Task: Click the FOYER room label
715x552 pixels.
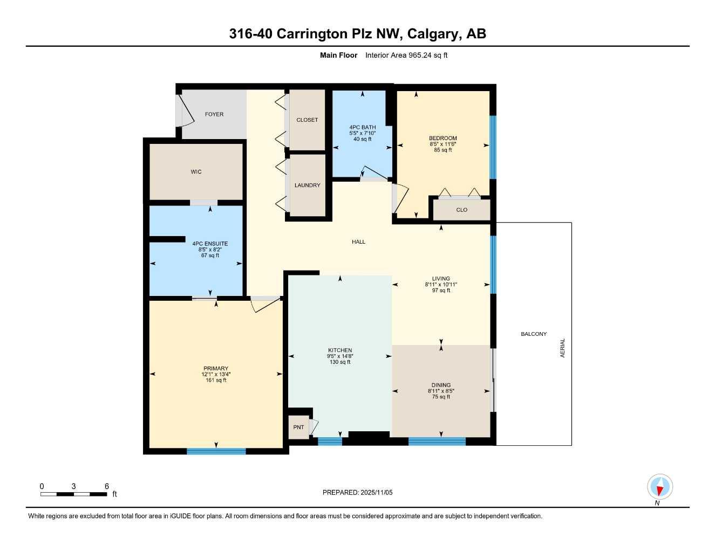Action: pos(214,114)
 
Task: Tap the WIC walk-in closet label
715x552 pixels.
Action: pos(196,172)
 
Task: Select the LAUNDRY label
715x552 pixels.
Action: pos(308,185)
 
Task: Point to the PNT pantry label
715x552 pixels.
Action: pos(298,427)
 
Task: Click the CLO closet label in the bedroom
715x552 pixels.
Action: pos(462,210)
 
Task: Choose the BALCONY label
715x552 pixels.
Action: pos(534,334)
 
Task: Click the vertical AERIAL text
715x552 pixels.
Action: pos(563,348)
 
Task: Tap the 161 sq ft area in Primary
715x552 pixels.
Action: pos(216,381)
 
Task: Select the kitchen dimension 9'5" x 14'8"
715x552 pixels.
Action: pos(340,356)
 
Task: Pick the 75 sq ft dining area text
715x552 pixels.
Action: pos(441,397)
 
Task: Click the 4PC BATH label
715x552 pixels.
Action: pos(363,127)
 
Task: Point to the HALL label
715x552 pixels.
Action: pos(358,242)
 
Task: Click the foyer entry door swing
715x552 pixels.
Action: pos(185,111)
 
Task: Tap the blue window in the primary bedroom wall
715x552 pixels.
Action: pos(216,451)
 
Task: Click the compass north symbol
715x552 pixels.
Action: pos(659,487)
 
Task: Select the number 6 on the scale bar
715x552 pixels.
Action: pos(107,486)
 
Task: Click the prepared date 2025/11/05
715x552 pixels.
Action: pos(376,493)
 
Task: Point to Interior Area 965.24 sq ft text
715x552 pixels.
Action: pos(406,55)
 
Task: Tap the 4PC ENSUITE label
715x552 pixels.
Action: pos(210,244)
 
